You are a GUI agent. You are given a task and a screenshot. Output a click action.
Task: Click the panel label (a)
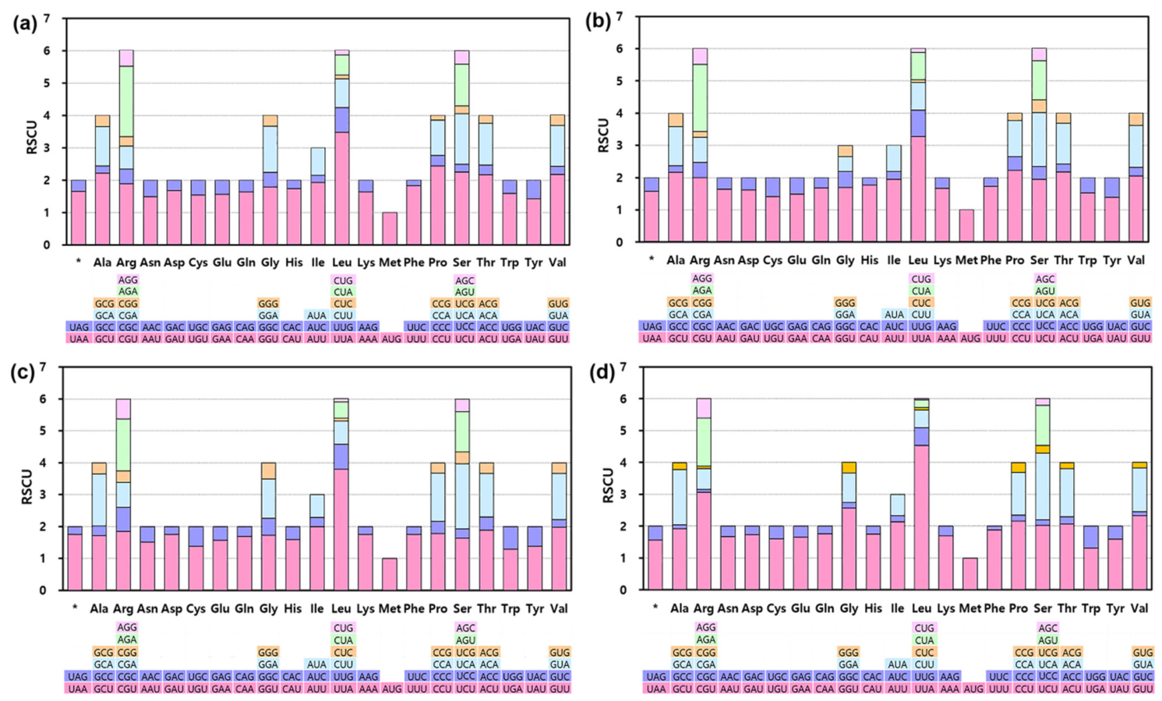(25, 24)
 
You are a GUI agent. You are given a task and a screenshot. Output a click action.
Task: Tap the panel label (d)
(602, 373)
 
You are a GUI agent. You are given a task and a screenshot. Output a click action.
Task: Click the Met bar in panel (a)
(390, 228)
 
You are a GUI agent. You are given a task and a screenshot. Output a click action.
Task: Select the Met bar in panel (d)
(970, 574)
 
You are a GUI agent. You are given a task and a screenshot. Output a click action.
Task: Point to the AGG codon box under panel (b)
(702, 278)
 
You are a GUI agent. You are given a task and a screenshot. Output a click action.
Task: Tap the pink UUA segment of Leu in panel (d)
(922, 517)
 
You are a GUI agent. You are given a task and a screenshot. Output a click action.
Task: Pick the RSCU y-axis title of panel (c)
(26, 487)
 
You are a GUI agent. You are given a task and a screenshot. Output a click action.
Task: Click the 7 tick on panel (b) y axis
(617, 16)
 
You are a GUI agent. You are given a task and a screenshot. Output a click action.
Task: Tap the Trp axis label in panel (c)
(510, 608)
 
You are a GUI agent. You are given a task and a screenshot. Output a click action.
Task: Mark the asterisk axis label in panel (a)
(79, 262)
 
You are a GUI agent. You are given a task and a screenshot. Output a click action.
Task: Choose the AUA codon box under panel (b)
(895, 314)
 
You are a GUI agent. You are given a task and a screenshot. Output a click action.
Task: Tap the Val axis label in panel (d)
(1139, 608)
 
